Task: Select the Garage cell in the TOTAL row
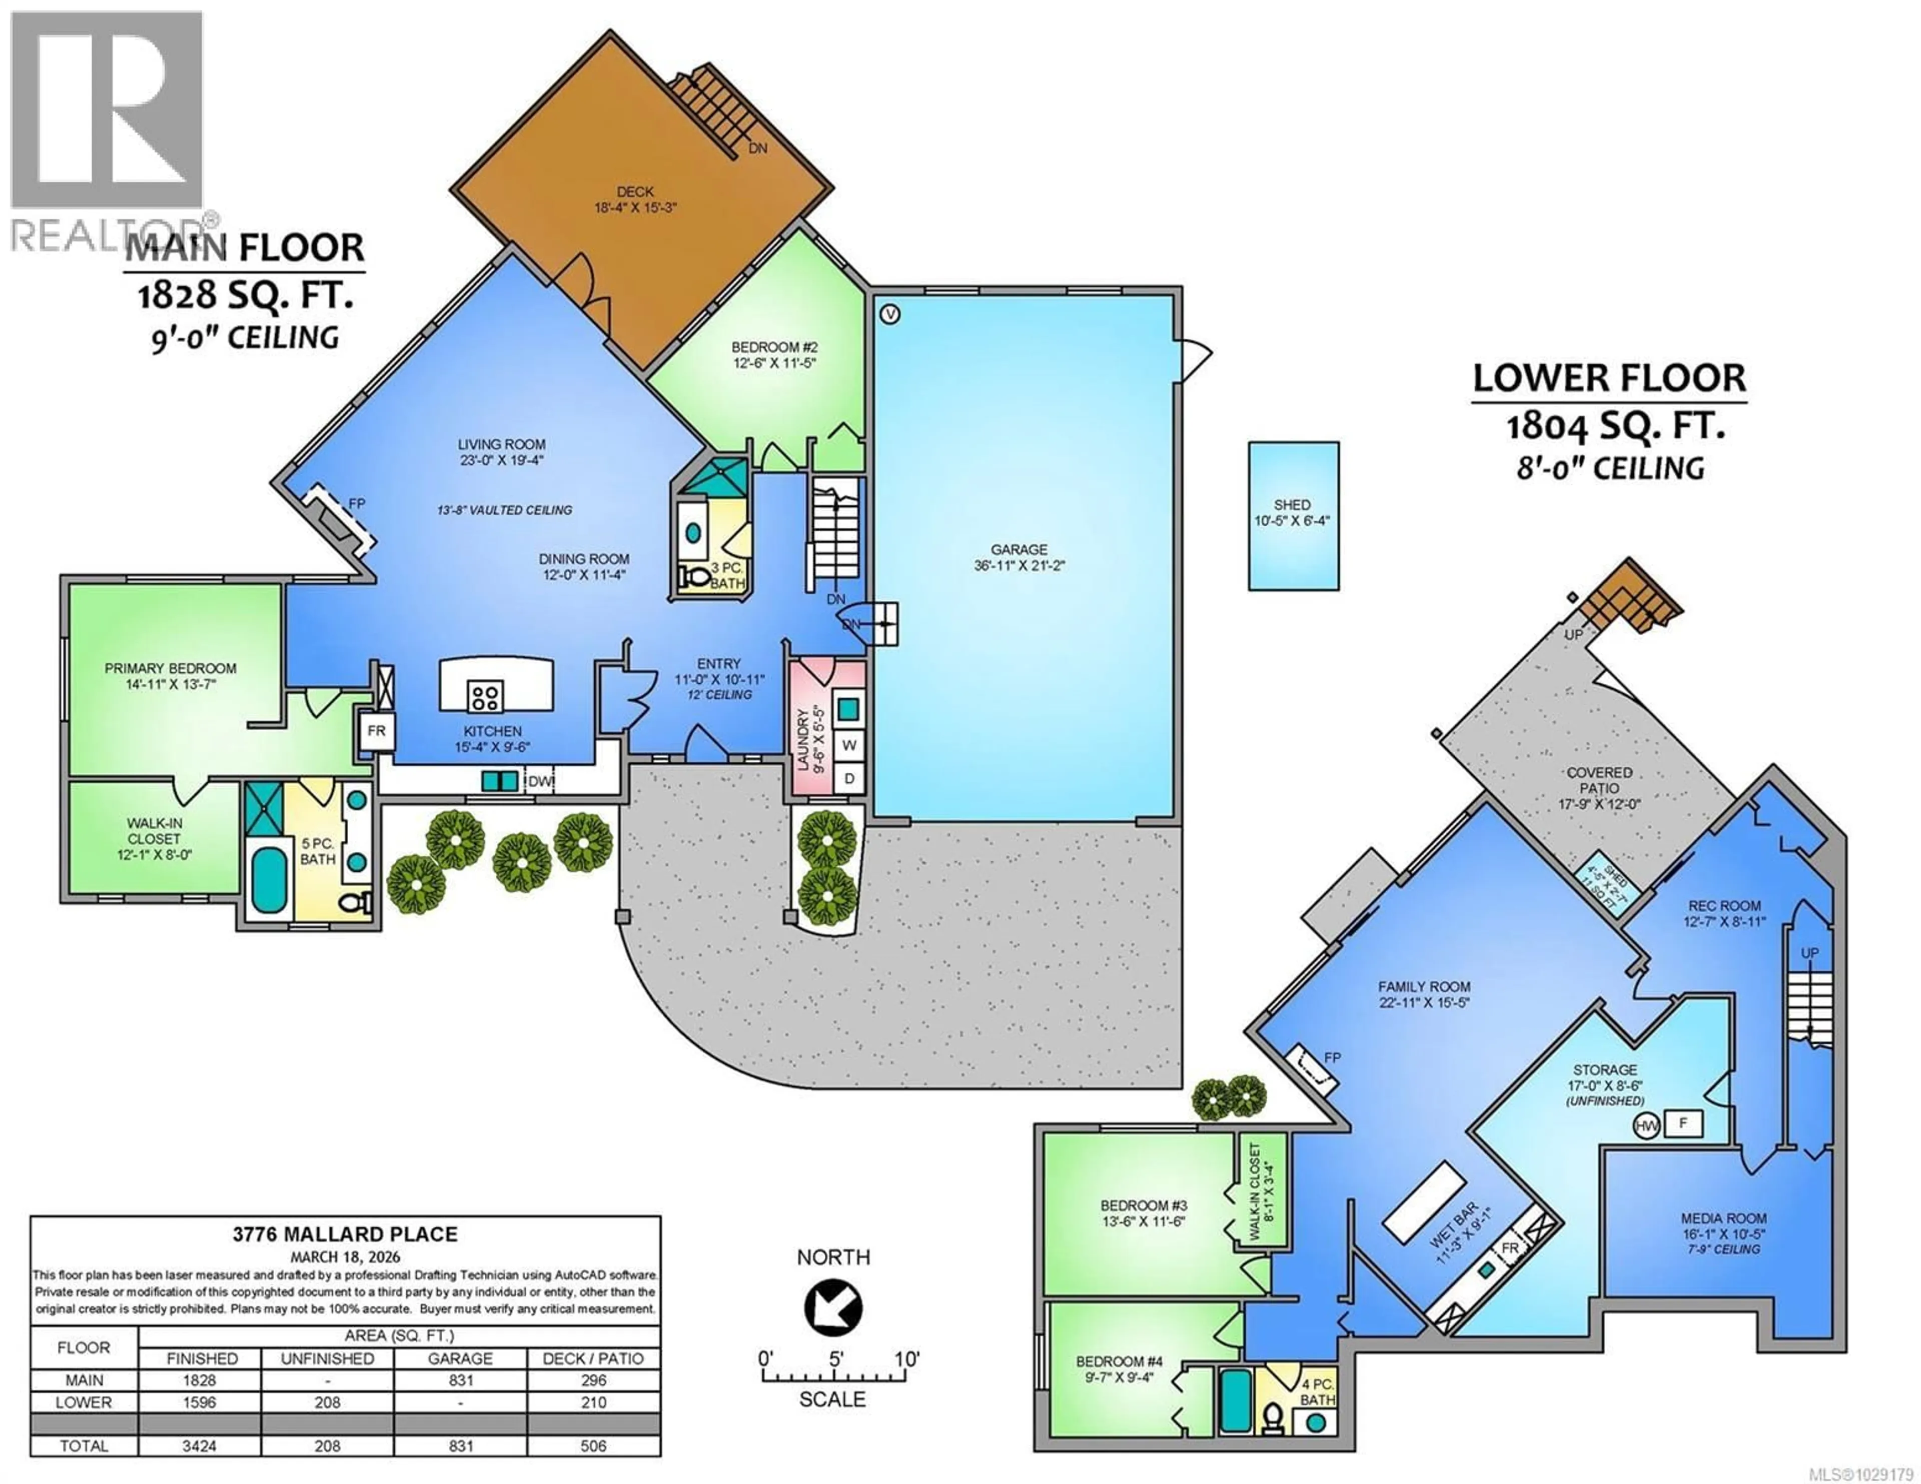click(x=460, y=1445)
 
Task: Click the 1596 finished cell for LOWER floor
click(x=200, y=1402)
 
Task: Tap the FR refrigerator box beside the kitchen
click(x=377, y=731)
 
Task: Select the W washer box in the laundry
click(x=849, y=745)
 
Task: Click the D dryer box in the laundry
click(x=849, y=778)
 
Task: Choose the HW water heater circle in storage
click(x=1645, y=1125)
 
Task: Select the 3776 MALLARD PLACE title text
click(x=345, y=1234)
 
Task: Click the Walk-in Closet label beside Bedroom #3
click(x=1254, y=1191)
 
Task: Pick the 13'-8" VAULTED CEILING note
click(x=504, y=510)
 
